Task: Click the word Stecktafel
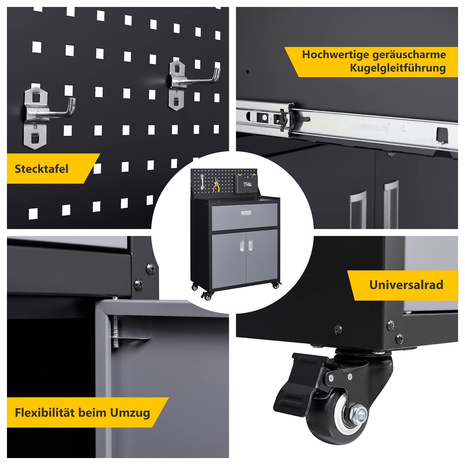[42, 169]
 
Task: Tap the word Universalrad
[406, 285]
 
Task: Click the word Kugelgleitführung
[398, 68]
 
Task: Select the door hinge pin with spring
[116, 331]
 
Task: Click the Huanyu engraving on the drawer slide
[375, 127]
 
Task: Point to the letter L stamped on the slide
[404, 129]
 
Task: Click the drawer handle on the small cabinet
[246, 213]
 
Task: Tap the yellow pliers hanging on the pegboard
[215, 185]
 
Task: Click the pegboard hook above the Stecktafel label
[48, 116]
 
